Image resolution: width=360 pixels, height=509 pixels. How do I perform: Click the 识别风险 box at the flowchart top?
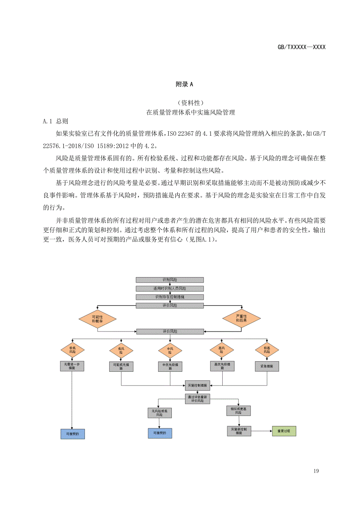(x=170, y=280)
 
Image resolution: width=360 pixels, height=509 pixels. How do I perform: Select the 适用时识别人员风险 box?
(x=170, y=289)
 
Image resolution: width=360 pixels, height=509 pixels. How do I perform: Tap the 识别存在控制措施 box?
(x=170, y=297)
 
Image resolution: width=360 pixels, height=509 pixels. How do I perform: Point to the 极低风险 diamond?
(x=72, y=349)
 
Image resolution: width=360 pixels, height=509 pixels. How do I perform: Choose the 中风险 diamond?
(x=170, y=349)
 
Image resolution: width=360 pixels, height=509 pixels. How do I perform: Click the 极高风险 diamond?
(x=267, y=349)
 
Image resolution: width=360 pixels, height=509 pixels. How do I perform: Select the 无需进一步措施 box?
(x=72, y=366)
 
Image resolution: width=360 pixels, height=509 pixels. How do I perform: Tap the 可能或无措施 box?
(x=121, y=366)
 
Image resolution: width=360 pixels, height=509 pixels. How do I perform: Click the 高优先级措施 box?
(x=222, y=366)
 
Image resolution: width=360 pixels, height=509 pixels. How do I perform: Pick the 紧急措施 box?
(x=267, y=366)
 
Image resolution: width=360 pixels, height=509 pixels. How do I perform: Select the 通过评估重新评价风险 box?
(x=198, y=399)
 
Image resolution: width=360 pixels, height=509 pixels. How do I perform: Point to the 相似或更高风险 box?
(x=239, y=410)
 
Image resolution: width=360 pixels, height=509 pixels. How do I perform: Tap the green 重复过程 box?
(x=284, y=431)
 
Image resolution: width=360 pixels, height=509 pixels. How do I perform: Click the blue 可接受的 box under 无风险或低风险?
(x=160, y=433)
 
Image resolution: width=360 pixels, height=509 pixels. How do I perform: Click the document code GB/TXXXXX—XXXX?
(x=301, y=47)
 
